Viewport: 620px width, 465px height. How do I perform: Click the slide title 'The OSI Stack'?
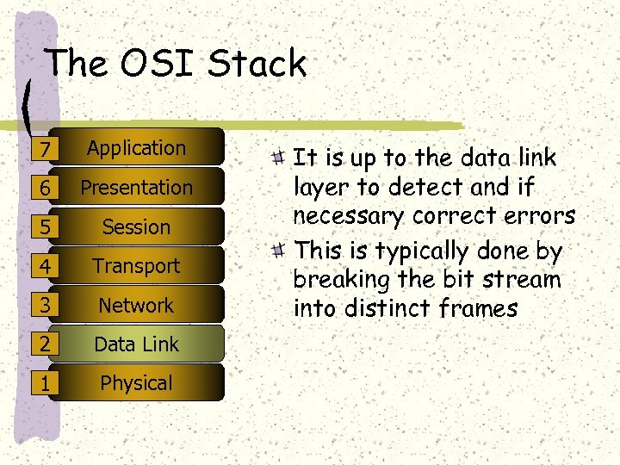(177, 64)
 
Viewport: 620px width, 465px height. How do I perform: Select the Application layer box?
(137, 148)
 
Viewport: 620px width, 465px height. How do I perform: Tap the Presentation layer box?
(137, 187)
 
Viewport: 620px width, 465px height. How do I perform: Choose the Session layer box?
(137, 226)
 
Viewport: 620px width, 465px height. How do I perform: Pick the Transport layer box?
(137, 266)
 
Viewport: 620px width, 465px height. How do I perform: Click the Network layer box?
(137, 305)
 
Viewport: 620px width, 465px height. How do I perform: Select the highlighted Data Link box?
(137, 344)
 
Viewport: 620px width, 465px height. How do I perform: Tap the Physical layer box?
(137, 383)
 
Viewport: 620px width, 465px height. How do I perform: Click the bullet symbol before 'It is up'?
(277, 158)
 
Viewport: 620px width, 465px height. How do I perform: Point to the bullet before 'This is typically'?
(277, 251)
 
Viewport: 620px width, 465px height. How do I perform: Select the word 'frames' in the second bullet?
(478, 307)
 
